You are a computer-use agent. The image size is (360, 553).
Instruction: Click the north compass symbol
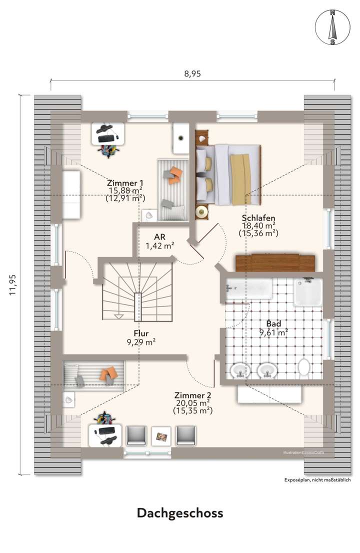331,27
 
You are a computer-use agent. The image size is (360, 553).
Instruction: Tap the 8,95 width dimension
192,73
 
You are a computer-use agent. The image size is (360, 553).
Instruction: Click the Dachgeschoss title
180,513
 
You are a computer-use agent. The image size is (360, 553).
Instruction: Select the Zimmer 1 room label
125,183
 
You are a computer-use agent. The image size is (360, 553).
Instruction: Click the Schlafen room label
258,218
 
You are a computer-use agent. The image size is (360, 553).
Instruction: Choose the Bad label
273,323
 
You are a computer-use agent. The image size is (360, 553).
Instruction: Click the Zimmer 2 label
192,394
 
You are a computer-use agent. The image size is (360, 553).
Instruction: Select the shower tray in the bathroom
307,292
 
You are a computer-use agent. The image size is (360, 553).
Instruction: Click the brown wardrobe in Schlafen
275,262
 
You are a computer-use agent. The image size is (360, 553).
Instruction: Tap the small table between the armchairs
160,435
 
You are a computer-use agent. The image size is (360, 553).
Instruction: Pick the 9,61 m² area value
273,332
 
